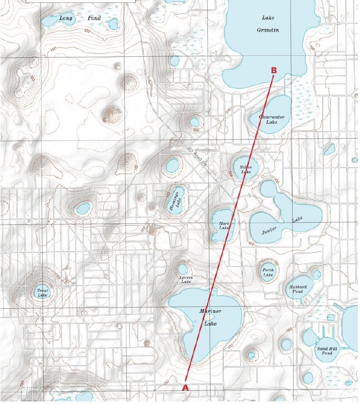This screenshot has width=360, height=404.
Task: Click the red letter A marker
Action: click(185, 387)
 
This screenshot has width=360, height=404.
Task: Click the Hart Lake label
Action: click(224, 225)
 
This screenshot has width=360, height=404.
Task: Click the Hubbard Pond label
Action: click(297, 289)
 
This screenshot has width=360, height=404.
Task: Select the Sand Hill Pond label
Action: click(324, 350)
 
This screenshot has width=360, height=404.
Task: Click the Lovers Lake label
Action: click(186, 279)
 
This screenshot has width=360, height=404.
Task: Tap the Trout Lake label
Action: click(42, 292)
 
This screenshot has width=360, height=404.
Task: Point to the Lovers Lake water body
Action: click(183, 270)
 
